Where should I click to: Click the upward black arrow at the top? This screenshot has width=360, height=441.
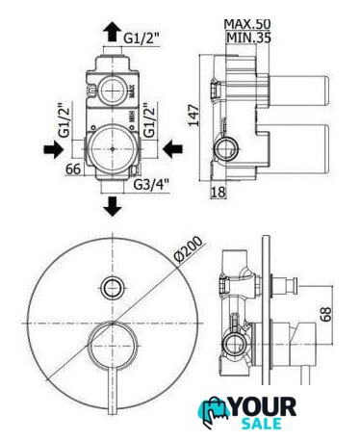(113, 31)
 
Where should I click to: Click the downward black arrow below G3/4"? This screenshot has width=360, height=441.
(113, 206)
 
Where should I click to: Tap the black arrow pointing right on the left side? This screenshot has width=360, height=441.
(53, 149)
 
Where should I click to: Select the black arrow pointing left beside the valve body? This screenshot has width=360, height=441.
(172, 149)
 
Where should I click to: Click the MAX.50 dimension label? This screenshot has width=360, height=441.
(247, 24)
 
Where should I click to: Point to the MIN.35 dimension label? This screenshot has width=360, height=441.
(248, 38)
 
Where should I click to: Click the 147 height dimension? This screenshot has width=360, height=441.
(193, 116)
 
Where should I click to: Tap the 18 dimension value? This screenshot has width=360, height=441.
(219, 193)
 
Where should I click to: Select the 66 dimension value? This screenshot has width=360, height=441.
(73, 169)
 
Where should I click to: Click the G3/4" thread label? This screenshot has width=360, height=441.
(151, 185)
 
